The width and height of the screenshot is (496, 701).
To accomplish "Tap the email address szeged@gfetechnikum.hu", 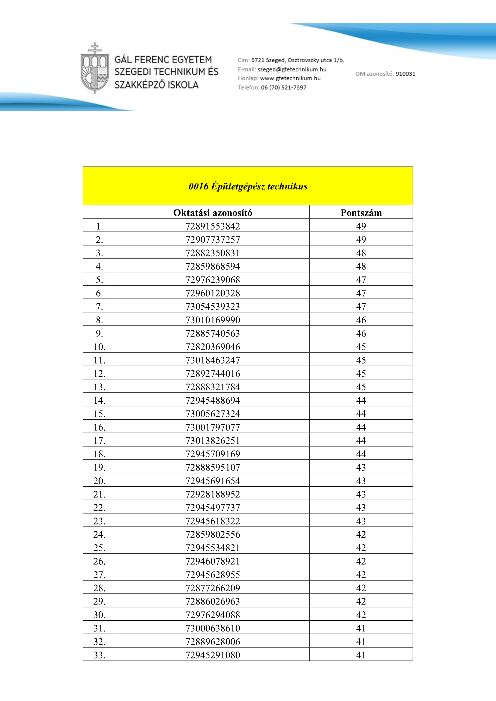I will click(292, 69).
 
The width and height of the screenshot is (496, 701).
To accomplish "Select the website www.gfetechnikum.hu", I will click(290, 78).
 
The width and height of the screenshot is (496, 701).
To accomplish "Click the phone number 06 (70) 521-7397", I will click(283, 87).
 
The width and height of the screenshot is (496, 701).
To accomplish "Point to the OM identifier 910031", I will click(405, 74).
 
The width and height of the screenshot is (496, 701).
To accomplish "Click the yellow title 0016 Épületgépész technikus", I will click(248, 186).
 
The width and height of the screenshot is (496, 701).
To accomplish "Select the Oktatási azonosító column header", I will click(213, 212).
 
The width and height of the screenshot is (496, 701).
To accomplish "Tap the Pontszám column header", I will click(361, 212).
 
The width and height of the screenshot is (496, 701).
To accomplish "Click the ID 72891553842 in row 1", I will click(213, 226).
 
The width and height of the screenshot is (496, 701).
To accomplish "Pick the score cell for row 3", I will click(361, 253).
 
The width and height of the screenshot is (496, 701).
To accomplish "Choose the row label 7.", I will click(99, 307).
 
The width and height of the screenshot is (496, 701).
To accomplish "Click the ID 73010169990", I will click(213, 320).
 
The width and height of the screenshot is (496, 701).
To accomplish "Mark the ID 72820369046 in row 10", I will click(213, 347).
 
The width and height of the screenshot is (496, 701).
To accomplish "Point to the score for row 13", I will click(361, 387).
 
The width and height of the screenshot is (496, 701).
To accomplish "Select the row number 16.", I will click(99, 427).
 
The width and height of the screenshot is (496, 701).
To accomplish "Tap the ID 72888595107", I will click(213, 468).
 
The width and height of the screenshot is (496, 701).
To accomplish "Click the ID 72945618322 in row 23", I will click(213, 521).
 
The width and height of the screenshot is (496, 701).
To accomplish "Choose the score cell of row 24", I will click(361, 534).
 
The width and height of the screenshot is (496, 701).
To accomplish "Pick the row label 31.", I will click(99, 628).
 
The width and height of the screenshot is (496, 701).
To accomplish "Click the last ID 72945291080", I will click(213, 655).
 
